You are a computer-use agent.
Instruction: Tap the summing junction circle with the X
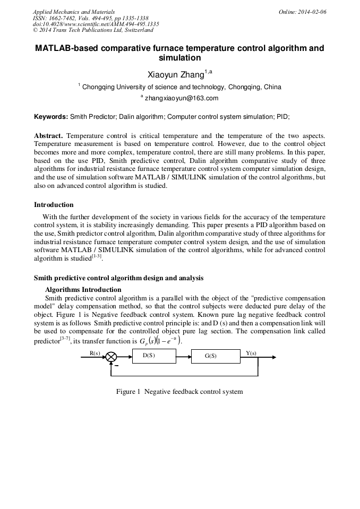[x=112, y=357]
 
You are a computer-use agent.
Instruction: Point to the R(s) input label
[x=94, y=352]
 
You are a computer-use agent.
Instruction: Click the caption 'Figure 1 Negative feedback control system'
[x=179, y=392]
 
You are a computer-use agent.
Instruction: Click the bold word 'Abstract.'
[x=48, y=136]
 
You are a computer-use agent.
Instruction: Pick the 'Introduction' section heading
[x=54, y=205]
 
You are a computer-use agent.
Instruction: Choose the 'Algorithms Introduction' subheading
[x=83, y=290]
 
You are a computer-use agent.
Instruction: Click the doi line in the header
[x=96, y=24]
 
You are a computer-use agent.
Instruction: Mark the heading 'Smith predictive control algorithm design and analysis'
[x=118, y=278]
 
